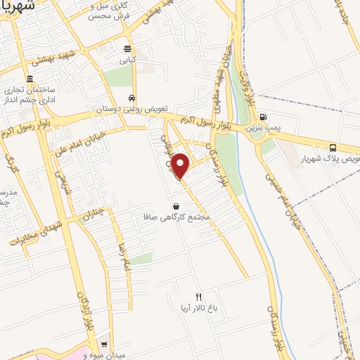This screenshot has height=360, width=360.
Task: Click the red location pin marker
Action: click(x=181, y=165)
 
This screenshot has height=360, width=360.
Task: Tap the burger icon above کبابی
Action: click(x=127, y=49)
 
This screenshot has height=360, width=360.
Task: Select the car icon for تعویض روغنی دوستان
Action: click(x=132, y=98)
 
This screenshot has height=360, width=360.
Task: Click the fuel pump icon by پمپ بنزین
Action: click(x=263, y=117)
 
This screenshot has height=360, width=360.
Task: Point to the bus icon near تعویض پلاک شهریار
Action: click(x=333, y=148)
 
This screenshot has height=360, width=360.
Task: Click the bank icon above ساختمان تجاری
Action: click(x=30, y=79)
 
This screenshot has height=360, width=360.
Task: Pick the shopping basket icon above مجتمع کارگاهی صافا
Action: click(x=175, y=206)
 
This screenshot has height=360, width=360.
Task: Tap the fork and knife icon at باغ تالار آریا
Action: click(x=198, y=297)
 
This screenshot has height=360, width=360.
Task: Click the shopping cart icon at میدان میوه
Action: click(x=104, y=345)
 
